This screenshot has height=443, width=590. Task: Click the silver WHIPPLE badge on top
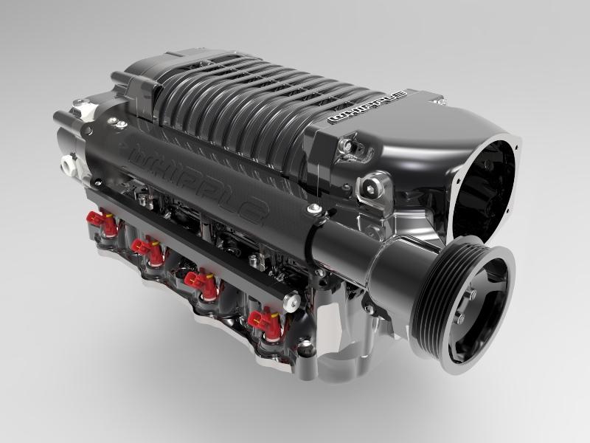click(369, 109)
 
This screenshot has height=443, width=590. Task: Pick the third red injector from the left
click(201, 283)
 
